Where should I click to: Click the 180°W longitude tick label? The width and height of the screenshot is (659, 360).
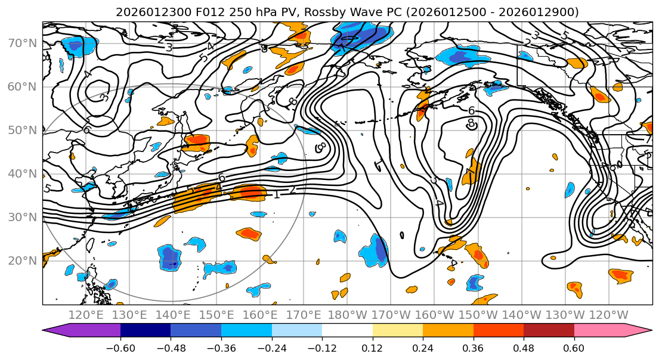[347, 315]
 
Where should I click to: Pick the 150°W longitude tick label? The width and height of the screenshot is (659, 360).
[478, 315]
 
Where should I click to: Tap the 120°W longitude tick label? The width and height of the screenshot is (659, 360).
[608, 315]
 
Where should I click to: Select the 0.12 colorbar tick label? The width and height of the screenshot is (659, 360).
[372, 347]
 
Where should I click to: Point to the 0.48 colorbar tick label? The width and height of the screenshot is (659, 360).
[524, 347]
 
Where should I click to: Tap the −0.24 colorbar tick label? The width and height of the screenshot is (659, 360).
[271, 347]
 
